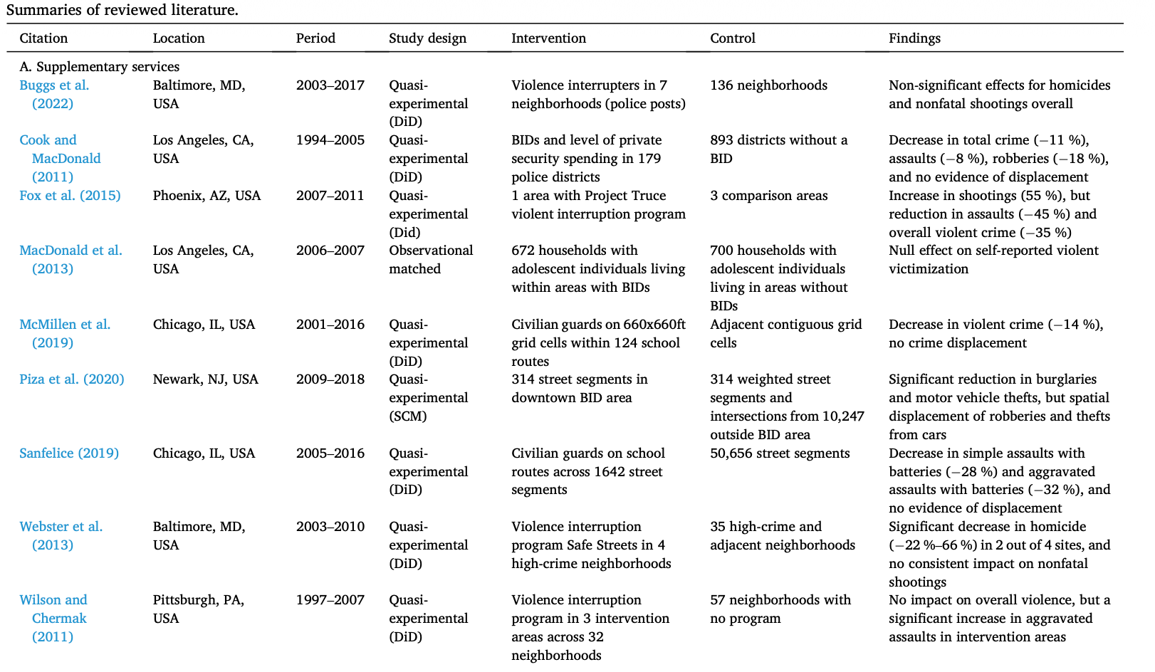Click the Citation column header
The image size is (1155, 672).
[43, 38]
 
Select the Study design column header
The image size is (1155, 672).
[427, 38]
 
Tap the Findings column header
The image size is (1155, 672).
[914, 38]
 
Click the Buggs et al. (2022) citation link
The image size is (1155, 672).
[54, 94]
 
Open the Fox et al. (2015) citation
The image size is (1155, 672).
[70, 196]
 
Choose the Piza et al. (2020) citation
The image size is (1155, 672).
[71, 379]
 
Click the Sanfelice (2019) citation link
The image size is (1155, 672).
[69, 453]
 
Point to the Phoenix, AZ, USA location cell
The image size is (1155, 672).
[207, 196]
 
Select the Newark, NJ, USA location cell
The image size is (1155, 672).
[205, 379]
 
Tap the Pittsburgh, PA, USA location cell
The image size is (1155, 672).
[198, 609]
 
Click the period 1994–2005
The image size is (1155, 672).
[330, 140]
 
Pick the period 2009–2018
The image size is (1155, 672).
[330, 379]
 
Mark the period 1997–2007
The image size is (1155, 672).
[330, 600]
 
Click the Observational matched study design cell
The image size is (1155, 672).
[430, 260]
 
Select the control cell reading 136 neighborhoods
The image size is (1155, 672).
[768, 85]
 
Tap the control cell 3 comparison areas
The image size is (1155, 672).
[768, 196]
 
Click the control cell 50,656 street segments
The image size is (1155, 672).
[780, 453]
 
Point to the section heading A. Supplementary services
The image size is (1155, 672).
[99, 67]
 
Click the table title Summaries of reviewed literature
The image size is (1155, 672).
[122, 10]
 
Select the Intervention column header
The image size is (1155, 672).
[548, 38]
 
